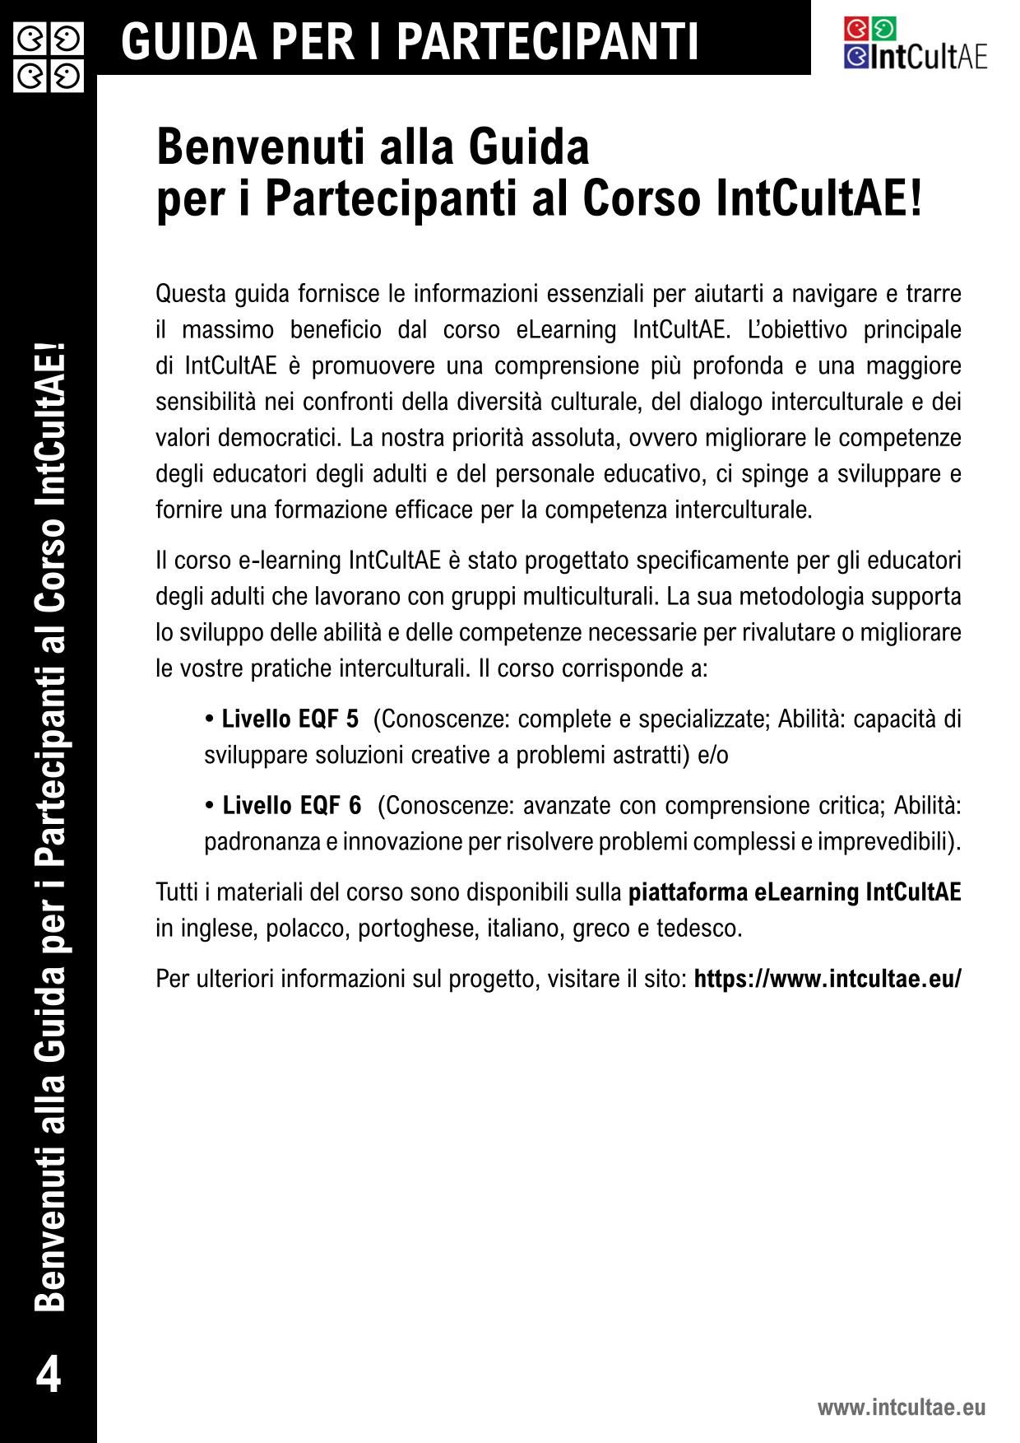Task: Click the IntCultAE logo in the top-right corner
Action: (915, 44)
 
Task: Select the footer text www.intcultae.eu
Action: (901, 1407)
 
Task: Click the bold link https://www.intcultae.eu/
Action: (828, 980)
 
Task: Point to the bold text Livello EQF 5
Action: (290, 719)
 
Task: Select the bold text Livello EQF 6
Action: (292, 805)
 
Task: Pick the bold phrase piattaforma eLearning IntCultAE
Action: (795, 893)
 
